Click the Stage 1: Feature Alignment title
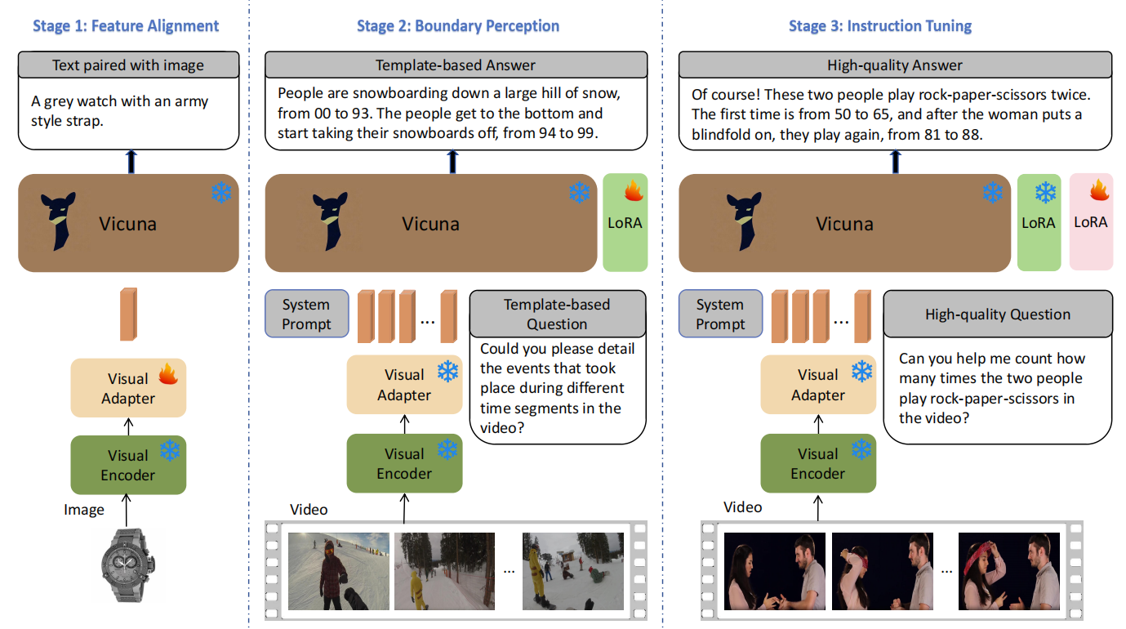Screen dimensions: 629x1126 click(x=126, y=26)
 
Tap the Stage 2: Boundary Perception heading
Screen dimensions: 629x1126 click(x=457, y=26)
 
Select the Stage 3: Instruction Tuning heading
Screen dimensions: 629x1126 click(x=879, y=26)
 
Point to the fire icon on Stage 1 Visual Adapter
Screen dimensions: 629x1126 click(x=167, y=374)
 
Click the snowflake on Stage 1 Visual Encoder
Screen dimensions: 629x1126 click(x=170, y=450)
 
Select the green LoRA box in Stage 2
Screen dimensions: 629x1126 click(x=625, y=222)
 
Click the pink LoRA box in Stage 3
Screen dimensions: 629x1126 click(x=1091, y=222)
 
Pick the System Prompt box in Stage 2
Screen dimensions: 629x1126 click(x=306, y=314)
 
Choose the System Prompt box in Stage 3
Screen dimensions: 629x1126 click(x=720, y=314)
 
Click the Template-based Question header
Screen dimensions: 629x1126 click(x=557, y=314)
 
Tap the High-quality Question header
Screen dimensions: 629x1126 click(x=997, y=314)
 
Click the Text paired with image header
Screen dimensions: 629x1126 click(x=128, y=65)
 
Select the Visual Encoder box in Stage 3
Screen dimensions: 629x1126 click(x=818, y=463)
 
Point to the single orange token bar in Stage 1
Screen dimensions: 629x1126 click(x=128, y=314)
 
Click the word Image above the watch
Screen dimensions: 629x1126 click(x=84, y=510)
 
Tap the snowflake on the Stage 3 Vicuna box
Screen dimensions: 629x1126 click(x=992, y=193)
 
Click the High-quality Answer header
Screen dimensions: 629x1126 click(x=895, y=65)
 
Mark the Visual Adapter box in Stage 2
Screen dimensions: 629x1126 click(x=404, y=385)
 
